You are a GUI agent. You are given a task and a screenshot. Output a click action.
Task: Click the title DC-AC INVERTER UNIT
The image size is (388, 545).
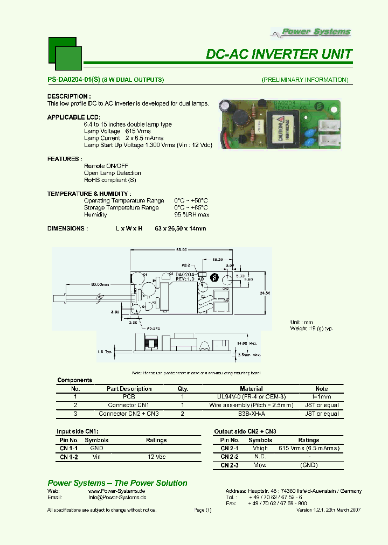click(x=279, y=54)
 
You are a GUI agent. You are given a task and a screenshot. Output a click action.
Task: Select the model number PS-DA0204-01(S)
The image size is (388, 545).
click(x=74, y=80)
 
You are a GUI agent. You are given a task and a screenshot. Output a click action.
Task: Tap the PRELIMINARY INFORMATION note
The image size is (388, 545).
click(x=305, y=80)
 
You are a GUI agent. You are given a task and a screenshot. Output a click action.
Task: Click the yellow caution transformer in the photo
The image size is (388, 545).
click(x=280, y=130)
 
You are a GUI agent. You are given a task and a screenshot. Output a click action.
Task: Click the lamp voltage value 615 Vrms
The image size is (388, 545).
click(x=138, y=131)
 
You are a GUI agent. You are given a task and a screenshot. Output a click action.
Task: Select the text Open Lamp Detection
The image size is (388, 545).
click(x=113, y=173)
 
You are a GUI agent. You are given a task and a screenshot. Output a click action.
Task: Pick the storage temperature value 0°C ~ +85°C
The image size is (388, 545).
click(x=191, y=207)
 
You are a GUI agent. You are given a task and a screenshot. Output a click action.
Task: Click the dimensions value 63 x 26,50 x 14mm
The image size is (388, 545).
click(x=180, y=228)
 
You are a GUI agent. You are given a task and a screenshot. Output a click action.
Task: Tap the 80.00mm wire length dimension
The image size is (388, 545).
click(x=100, y=284)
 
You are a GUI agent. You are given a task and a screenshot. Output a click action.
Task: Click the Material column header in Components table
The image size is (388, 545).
click(x=251, y=388)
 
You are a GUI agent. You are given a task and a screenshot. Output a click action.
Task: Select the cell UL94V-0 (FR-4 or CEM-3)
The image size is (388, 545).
click(x=251, y=396)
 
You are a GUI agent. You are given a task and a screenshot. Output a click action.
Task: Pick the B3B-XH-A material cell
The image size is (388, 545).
click(x=251, y=414)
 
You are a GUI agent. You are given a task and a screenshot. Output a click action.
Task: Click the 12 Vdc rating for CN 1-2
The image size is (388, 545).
click(x=156, y=457)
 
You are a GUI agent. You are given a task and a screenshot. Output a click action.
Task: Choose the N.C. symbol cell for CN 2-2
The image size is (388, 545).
click(x=260, y=457)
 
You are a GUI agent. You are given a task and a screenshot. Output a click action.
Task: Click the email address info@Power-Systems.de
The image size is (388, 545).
click(x=117, y=498)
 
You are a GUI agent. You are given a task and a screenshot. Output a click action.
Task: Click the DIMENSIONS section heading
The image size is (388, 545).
click(x=67, y=228)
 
